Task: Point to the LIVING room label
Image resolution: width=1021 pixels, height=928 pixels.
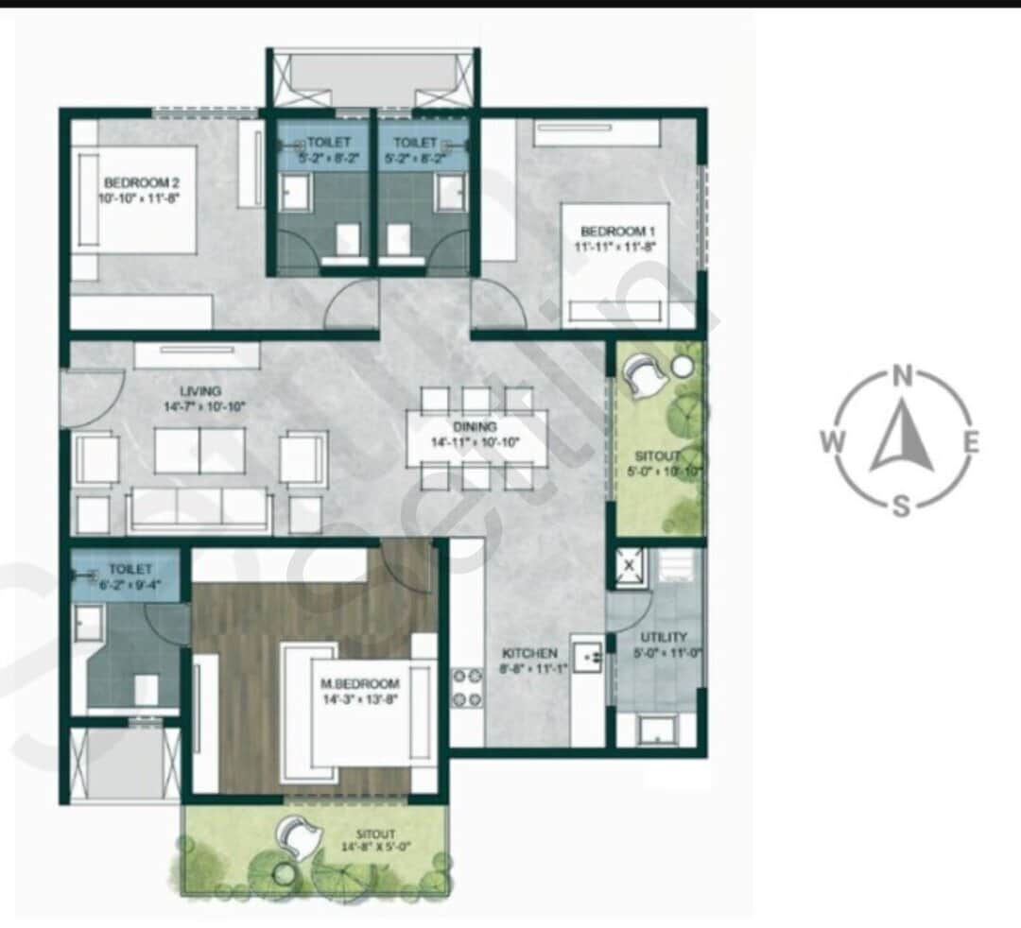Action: coord(201,391)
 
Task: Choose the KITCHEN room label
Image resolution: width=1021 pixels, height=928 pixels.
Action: coord(529,653)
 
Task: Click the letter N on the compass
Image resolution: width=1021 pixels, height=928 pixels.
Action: coord(902,378)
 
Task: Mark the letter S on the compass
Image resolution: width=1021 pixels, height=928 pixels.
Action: coord(902,506)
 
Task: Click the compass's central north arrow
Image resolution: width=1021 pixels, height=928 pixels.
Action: coord(902,438)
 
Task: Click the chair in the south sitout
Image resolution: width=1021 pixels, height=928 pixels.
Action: coord(300,835)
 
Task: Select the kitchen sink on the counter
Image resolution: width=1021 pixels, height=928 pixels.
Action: coord(586,655)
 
